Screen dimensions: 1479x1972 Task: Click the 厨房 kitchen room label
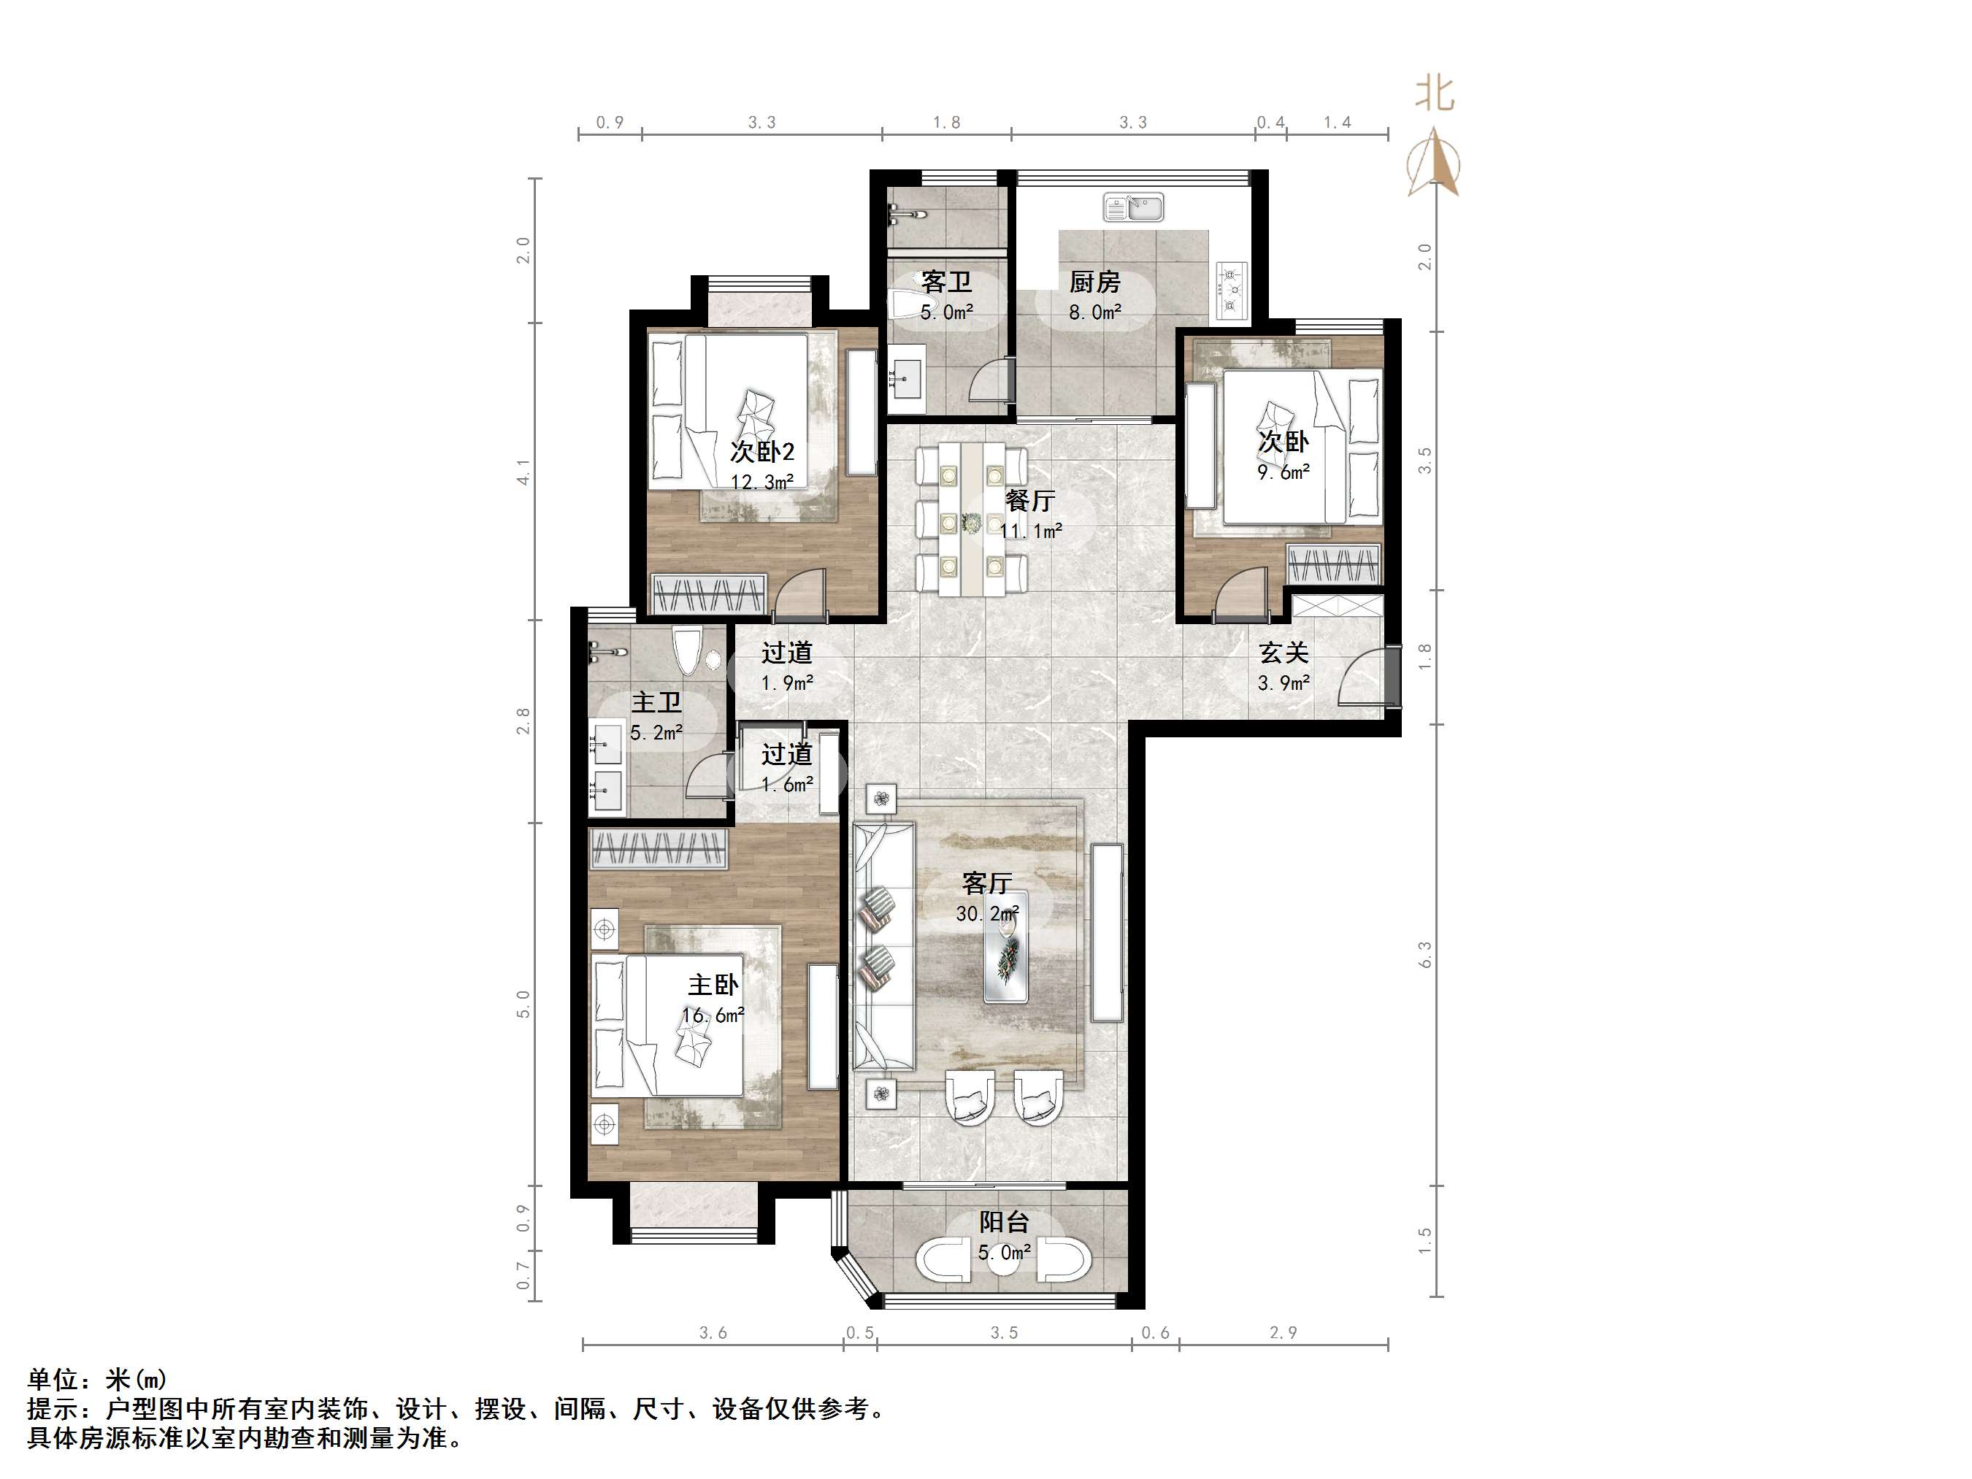pyautogui.click(x=1094, y=283)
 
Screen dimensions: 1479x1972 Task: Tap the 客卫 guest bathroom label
pyautogui.click(x=946, y=283)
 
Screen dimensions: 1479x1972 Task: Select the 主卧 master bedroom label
pyautogui.click(x=713, y=984)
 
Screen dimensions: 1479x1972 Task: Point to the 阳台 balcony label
pyautogui.click(x=1005, y=1222)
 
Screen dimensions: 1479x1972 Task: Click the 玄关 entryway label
pyautogui.click(x=1284, y=653)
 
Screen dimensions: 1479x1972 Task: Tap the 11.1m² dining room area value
pyautogui.click(x=1031, y=531)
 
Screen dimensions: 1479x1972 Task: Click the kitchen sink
pyautogui.click(x=1132, y=207)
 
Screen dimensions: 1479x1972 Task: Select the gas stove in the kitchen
pyautogui.click(x=1231, y=291)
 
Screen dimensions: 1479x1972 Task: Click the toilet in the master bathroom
pyautogui.click(x=687, y=650)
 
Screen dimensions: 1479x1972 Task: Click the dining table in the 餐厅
pyautogui.click(x=971, y=520)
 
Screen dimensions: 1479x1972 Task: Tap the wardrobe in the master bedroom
pyautogui.click(x=658, y=850)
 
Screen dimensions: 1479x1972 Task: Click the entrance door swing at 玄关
pyautogui.click(x=1364, y=677)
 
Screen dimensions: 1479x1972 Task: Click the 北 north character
pyautogui.click(x=1435, y=93)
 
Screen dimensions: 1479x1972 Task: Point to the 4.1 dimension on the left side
pyautogui.click(x=523, y=472)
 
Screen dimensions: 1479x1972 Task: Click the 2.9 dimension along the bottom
pyautogui.click(x=1283, y=1333)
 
